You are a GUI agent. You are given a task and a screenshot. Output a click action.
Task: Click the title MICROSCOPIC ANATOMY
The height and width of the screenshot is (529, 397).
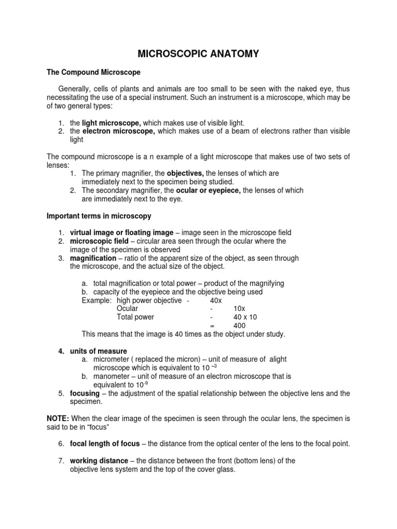click(198, 54)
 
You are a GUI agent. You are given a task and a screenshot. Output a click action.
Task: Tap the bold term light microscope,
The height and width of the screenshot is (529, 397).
click(112, 122)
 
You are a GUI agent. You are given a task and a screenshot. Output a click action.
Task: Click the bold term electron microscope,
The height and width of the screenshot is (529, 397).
click(118, 132)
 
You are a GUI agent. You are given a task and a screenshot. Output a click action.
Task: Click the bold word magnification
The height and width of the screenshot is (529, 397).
click(93, 258)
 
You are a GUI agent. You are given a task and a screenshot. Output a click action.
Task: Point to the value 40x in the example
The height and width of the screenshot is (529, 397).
click(216, 300)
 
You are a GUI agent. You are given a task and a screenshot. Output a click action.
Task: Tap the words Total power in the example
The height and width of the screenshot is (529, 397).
click(135, 317)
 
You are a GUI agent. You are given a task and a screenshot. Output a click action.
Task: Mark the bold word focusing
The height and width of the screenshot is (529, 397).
click(85, 393)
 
